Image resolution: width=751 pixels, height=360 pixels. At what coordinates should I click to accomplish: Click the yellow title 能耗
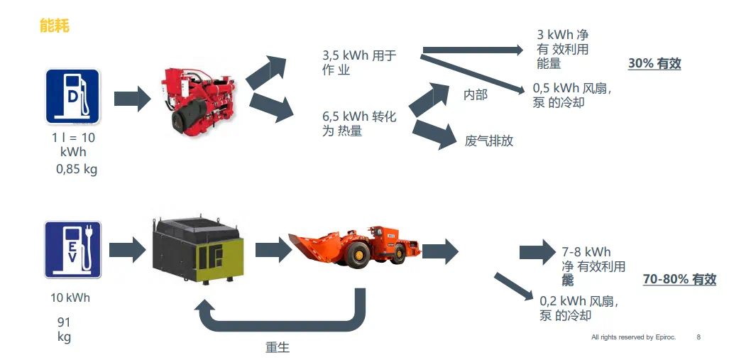pyautogui.click(x=54, y=26)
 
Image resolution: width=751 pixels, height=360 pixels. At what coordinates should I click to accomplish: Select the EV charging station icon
pyautogui.click(x=72, y=249)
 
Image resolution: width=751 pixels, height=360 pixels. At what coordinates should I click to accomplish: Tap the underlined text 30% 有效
pyautogui.click(x=654, y=63)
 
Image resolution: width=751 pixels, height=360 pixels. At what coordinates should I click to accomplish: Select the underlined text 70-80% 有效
pyautogui.click(x=679, y=279)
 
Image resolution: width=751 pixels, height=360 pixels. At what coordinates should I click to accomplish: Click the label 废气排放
pyautogui.click(x=488, y=141)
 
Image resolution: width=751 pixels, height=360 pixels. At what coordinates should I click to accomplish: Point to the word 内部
pyautogui.click(x=475, y=94)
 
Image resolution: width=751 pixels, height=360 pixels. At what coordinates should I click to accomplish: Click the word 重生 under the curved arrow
pyautogui.click(x=278, y=347)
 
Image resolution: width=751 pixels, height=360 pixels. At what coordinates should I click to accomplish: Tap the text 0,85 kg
pyautogui.click(x=77, y=169)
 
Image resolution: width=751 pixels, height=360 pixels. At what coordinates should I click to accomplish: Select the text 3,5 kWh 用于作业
pyautogui.click(x=358, y=62)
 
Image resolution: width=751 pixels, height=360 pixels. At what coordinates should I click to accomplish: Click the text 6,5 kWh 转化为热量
pyautogui.click(x=358, y=123)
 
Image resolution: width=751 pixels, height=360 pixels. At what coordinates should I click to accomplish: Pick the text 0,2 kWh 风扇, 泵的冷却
pyautogui.click(x=579, y=308)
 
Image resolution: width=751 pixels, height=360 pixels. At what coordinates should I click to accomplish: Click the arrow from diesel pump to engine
pyautogui.click(x=132, y=97)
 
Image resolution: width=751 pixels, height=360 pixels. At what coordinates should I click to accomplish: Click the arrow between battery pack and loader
pyautogui.click(x=273, y=249)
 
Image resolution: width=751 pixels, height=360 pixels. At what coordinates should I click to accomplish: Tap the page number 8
pyautogui.click(x=698, y=337)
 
